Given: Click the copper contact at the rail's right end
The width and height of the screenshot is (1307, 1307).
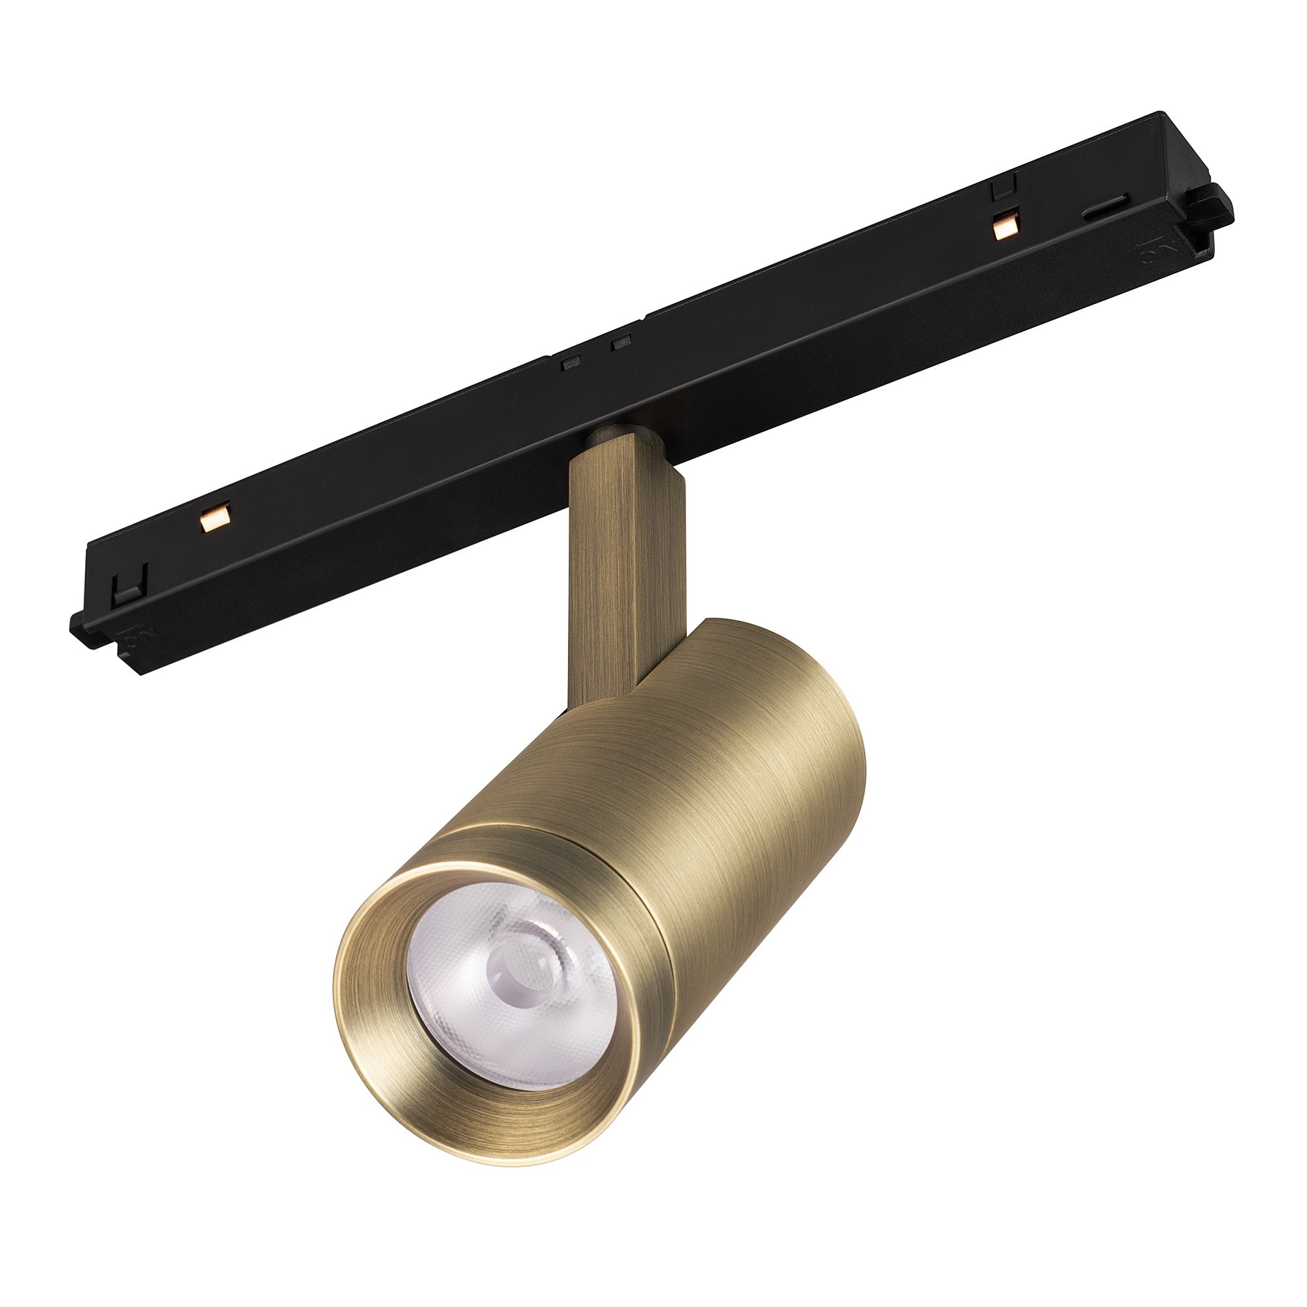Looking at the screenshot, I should (1006, 226).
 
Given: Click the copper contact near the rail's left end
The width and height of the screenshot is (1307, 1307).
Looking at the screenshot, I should (216, 518).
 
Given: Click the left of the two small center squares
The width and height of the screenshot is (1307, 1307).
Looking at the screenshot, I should (572, 363).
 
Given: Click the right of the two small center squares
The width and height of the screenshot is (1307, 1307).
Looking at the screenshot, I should (621, 344).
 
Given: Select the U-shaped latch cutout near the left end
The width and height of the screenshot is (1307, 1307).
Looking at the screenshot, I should (129, 586).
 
